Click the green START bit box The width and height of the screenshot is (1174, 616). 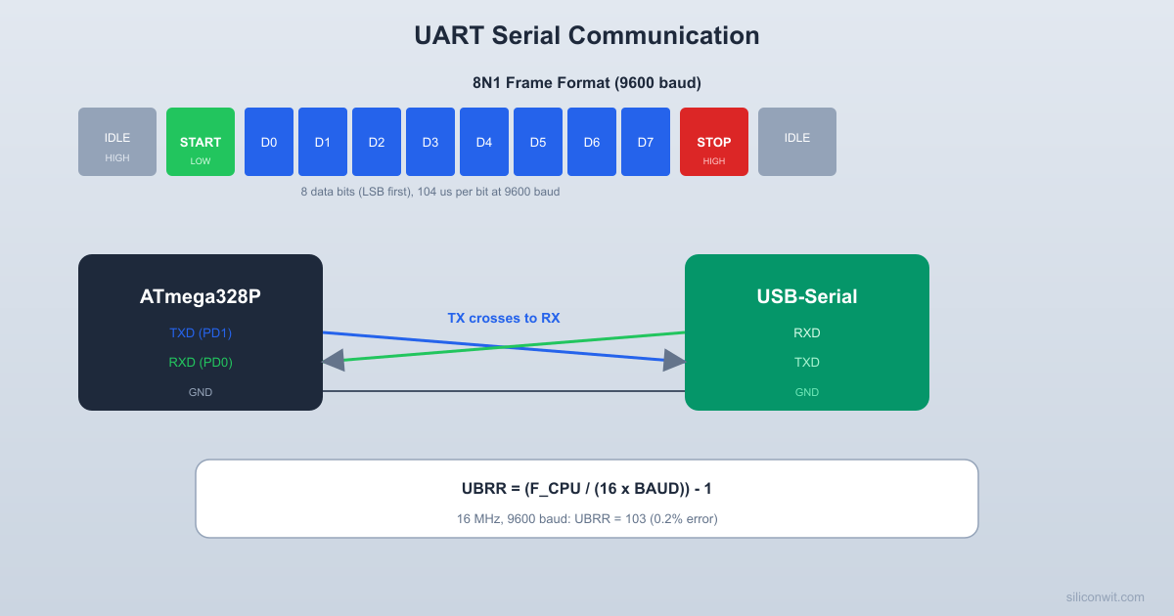[201, 142]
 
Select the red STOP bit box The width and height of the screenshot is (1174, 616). [714, 142]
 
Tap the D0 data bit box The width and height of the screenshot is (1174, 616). [269, 142]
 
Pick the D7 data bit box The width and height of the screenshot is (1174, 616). [646, 142]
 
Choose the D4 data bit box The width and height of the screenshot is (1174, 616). [484, 142]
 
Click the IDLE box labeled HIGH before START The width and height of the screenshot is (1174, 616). [117, 142]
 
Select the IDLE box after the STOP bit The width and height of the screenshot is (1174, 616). [797, 142]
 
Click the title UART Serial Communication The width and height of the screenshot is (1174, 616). [587, 35]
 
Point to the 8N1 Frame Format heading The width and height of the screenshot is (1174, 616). [587, 83]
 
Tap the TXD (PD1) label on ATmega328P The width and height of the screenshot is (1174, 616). [201, 332]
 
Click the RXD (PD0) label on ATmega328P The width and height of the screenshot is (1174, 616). [201, 362]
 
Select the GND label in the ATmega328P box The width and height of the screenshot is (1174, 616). [201, 392]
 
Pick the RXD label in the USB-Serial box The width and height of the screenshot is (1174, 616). [807, 332]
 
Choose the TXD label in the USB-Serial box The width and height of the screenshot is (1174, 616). [807, 362]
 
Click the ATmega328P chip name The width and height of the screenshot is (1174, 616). [201, 296]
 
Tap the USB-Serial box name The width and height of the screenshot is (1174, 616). [807, 296]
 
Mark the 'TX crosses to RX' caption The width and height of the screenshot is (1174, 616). [504, 318]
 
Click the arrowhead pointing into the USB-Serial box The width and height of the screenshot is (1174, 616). [674, 361]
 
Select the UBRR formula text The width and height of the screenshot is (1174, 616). [587, 488]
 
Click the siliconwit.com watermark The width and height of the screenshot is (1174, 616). [1105, 596]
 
